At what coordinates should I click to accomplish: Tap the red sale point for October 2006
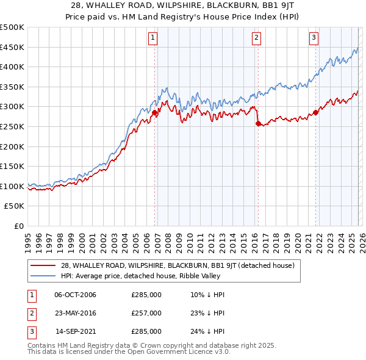click(155, 112)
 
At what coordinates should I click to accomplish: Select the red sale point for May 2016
click(258, 124)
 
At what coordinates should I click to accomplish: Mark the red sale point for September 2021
click(316, 112)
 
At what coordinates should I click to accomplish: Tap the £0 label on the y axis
click(18, 226)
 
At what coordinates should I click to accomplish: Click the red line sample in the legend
click(44, 265)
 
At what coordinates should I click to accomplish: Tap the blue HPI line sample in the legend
click(44, 276)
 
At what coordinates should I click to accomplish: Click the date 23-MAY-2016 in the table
click(75, 313)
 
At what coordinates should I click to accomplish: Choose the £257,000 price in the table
click(146, 313)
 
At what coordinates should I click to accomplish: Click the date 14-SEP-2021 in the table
click(75, 331)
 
